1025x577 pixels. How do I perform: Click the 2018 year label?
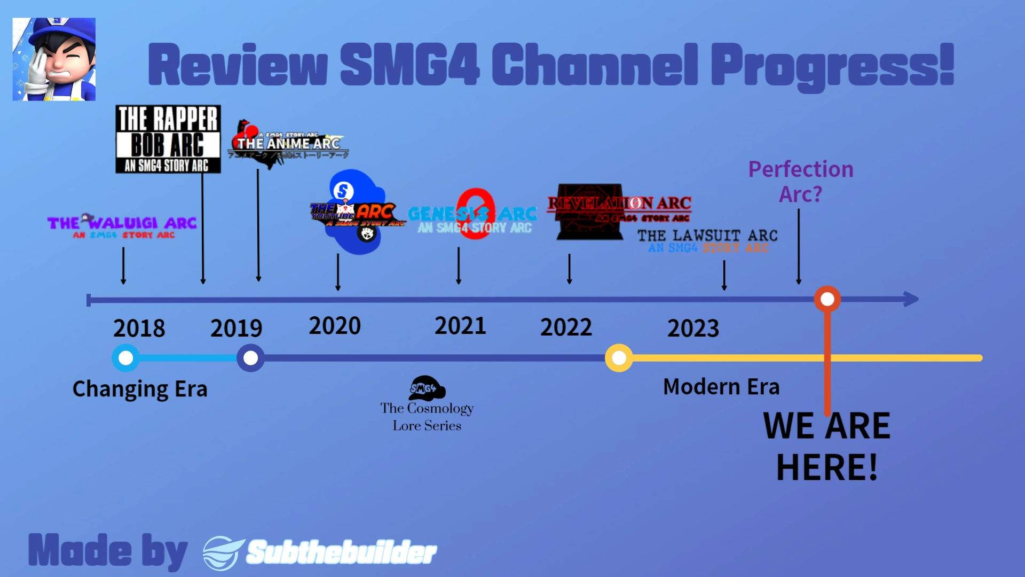coord(139,328)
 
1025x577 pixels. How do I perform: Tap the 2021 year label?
coord(460,326)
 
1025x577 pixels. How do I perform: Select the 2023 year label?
coord(693,328)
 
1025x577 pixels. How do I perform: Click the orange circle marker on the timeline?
coord(827,299)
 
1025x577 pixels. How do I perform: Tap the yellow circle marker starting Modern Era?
coord(619,358)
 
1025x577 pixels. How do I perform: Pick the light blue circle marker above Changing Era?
coord(125,358)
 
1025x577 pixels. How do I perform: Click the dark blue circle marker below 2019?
coord(250,358)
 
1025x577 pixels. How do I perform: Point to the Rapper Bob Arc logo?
coord(168,139)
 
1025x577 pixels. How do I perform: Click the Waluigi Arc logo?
coord(122,226)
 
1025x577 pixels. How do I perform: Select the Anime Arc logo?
coord(288,143)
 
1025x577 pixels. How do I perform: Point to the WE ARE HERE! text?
coord(827,447)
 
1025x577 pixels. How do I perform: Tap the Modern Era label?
coord(721,387)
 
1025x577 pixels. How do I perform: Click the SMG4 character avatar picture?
coord(54,59)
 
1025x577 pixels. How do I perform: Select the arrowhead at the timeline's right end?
coord(911,299)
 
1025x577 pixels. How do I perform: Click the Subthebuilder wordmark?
coord(342,552)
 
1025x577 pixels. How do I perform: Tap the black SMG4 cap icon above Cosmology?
coord(427,388)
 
